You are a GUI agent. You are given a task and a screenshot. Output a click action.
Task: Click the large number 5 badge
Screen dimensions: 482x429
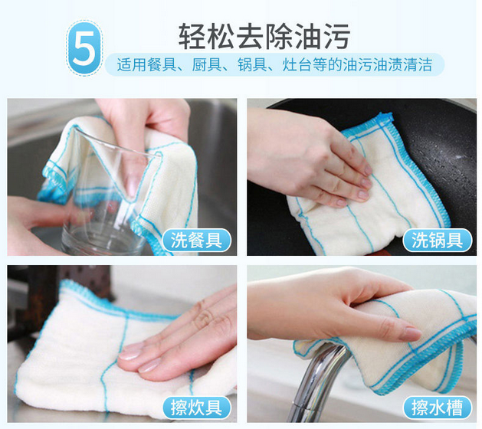(84, 48)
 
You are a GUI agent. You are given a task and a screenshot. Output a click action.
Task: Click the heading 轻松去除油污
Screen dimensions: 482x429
(264, 36)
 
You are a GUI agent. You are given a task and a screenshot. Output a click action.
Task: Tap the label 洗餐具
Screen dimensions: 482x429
(196, 241)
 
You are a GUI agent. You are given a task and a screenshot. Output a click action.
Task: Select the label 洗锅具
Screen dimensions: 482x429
(437, 241)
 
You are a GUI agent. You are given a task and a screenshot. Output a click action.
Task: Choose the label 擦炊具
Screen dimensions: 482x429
(196, 408)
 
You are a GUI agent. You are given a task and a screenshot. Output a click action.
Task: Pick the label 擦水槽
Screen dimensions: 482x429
(437, 408)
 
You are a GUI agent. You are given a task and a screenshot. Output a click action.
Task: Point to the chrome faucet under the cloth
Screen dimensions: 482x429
(316, 384)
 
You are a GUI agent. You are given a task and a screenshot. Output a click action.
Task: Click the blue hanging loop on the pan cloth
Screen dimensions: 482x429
(385, 117)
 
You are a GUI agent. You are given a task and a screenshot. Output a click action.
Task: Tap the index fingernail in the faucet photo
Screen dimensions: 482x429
(410, 334)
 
